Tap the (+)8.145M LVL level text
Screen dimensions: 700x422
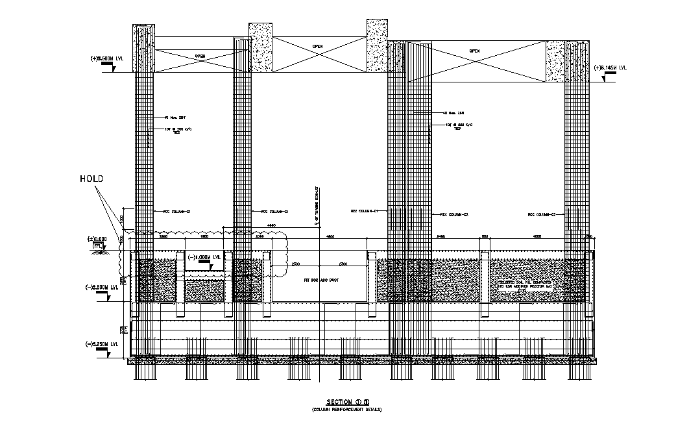tap(611, 67)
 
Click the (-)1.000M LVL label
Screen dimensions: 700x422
tap(204, 257)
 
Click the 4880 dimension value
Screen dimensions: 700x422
tap(272, 226)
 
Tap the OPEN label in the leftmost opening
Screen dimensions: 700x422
tap(200, 56)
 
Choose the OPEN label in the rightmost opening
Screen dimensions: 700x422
tap(475, 51)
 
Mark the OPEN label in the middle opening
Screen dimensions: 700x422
tap(317, 46)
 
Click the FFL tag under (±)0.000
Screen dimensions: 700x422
tap(98, 246)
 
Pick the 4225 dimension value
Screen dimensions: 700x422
tap(537, 236)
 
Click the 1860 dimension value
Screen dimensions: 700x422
tap(204, 236)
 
